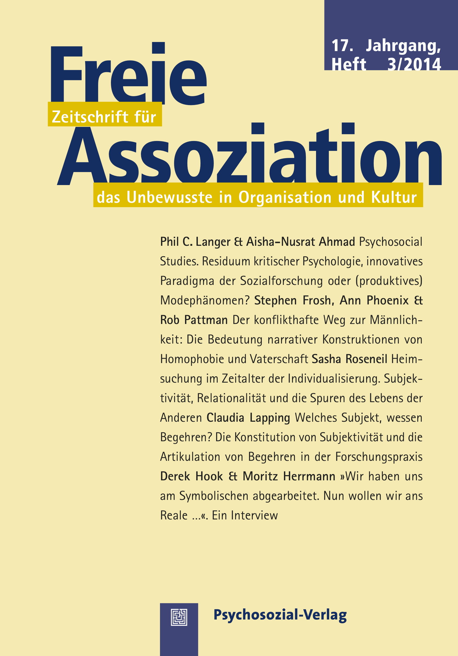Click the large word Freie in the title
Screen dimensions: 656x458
tap(128, 75)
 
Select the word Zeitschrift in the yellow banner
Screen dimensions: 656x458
tap(90, 117)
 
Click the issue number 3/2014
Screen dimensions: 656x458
tap(414, 64)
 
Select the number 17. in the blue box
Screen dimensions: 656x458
tap(342, 46)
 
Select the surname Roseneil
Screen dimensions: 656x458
tap(366, 359)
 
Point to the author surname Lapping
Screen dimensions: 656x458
tap(270, 418)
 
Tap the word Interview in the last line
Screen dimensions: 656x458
tap(254, 516)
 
